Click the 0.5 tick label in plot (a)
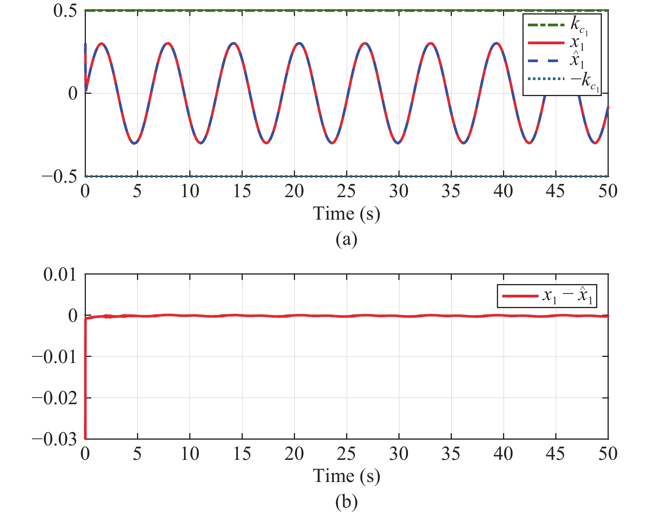[65, 11]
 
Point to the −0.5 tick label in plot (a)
[59, 177]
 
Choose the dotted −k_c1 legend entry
[561, 80]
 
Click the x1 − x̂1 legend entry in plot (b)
[547, 296]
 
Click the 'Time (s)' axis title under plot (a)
[346, 214]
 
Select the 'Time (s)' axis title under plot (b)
[346, 476]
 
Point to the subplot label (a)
[346, 239]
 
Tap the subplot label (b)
[346, 502]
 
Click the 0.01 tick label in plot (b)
[60, 275]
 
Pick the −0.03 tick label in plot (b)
[54, 439]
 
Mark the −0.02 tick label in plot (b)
[54, 398]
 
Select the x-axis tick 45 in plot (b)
[555, 454]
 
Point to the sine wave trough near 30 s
[398, 143]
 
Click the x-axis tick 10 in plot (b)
[190, 454]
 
